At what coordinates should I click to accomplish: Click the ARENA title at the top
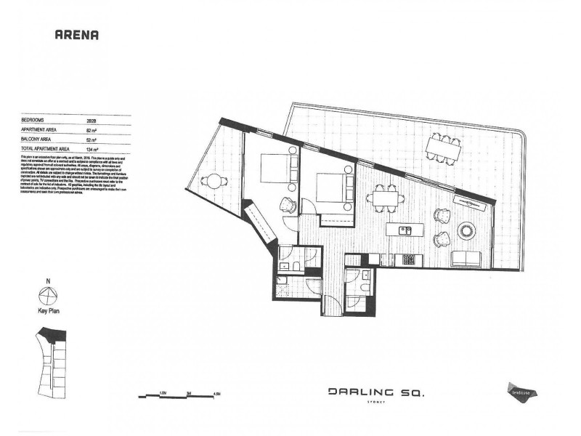[77, 33]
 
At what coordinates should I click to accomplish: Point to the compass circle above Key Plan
[47, 295]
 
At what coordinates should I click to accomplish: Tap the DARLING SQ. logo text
[375, 392]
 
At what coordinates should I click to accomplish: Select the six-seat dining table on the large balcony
[444, 149]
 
